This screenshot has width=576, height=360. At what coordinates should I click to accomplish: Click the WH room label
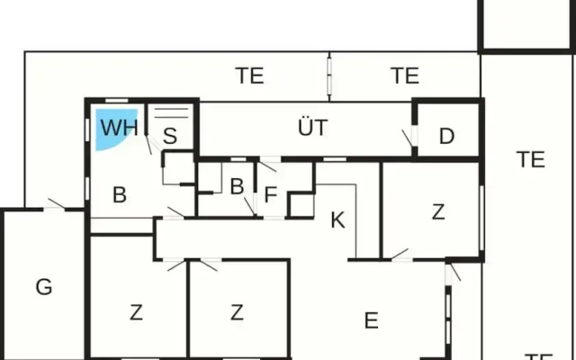coord(120,128)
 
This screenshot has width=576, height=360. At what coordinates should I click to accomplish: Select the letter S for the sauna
coord(170,136)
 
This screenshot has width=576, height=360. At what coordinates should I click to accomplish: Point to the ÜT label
coord(312,127)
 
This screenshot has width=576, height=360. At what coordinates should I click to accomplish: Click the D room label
coord(446,136)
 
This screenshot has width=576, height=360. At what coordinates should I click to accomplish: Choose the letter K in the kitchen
coord(337,220)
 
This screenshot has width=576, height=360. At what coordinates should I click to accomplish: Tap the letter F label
coord(270,194)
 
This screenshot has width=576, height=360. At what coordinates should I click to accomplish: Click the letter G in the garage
coord(44,286)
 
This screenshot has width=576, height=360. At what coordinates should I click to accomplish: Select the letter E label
coord(372,320)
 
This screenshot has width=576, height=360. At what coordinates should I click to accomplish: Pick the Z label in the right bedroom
coord(438,212)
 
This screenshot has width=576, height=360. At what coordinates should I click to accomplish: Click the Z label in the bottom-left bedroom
coord(136,312)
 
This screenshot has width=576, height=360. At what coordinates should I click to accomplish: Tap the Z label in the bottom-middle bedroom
coord(237,312)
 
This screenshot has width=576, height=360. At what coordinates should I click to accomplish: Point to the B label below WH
coord(120,194)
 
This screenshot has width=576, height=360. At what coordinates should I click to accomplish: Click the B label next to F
coord(237,186)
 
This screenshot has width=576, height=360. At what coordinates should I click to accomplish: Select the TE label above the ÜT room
coord(249,76)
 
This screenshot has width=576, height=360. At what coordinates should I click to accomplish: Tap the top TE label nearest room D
coord(405,76)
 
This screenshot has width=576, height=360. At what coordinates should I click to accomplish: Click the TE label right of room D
coord(530,159)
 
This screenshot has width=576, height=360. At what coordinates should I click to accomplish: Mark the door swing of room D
coord(407,138)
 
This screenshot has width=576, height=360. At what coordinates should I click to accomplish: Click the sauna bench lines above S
coord(171,113)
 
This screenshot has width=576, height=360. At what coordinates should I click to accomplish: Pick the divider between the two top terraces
coord(329,76)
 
